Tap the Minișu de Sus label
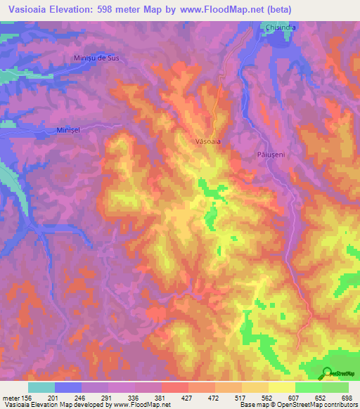[97, 58]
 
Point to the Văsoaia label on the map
[207, 141]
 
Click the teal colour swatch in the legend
[41, 387]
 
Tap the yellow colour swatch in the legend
[282, 387]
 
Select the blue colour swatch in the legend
[68, 387]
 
